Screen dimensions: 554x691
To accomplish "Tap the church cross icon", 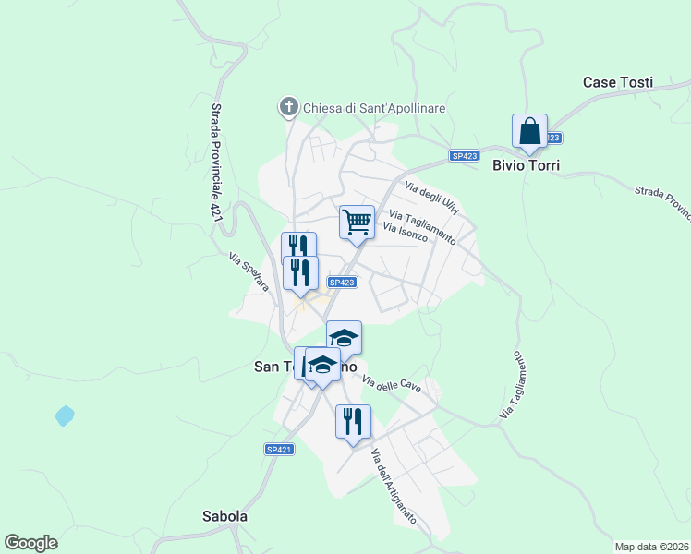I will (x=288, y=108).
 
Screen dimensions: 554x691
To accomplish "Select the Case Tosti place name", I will (x=618, y=82).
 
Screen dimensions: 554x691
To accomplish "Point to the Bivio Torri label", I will (x=527, y=165).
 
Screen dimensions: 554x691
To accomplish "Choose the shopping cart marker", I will (x=357, y=223).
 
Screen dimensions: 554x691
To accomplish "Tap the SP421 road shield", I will (x=279, y=450).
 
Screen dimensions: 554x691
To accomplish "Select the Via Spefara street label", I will (x=249, y=273).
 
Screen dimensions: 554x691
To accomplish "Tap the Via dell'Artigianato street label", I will (x=394, y=486).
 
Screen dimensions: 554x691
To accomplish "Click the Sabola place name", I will (x=224, y=516).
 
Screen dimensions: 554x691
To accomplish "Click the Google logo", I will (x=30, y=543).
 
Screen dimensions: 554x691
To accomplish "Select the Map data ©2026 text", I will (x=651, y=546).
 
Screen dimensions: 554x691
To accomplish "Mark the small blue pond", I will (x=64, y=415).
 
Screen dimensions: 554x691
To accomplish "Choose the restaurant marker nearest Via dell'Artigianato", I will (x=353, y=423).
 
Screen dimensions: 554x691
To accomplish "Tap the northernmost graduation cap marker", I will (x=344, y=339).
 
